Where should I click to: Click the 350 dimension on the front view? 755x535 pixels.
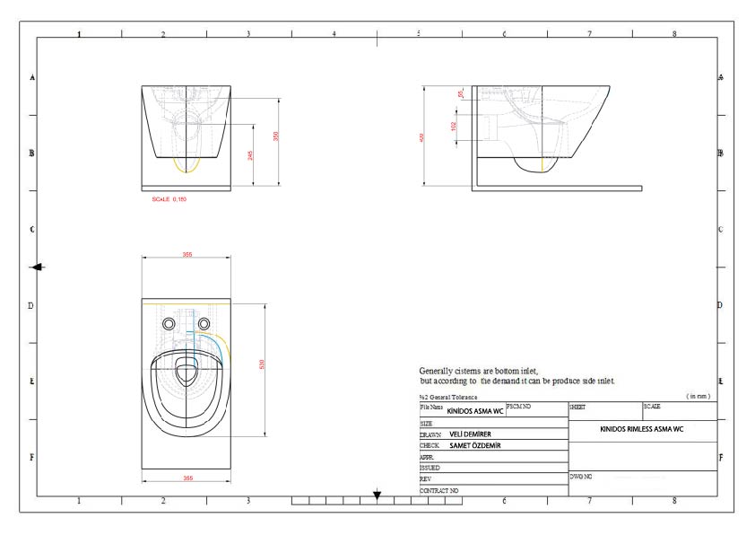coord(277,136)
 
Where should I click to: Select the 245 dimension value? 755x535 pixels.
coord(251,155)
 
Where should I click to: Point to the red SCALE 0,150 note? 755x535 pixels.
coord(170,198)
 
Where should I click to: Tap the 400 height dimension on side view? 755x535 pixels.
coord(422,137)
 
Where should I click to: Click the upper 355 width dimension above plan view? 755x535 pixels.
coord(187,255)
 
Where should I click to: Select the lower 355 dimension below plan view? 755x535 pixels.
coord(187,478)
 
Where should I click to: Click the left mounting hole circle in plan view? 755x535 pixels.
coord(169,323)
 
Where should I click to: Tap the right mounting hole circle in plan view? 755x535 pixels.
coord(204,323)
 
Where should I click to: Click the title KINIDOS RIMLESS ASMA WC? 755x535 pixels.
coord(642,430)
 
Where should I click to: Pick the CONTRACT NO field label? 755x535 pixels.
coord(439,491)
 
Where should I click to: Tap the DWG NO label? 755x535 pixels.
coord(581,477)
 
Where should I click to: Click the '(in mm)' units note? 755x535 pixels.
coord(698,396)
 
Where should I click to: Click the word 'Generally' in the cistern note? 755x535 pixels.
coord(436,371)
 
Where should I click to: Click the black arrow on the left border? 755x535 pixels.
coord(37,267)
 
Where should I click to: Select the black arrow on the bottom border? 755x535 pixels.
coord(377,495)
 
